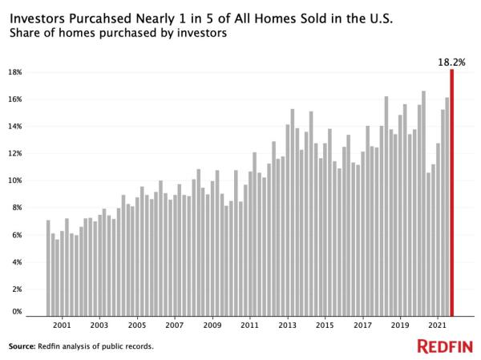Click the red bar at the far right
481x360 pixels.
[x=452, y=192]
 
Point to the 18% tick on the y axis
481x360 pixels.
[x=14, y=72]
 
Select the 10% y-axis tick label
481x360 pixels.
[x=14, y=180]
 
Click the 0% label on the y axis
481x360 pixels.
[x=17, y=311]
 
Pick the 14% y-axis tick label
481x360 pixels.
[x=14, y=127]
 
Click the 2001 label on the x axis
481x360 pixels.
[x=62, y=326]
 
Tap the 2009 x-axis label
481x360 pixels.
[x=212, y=326]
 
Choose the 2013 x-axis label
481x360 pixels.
[x=287, y=326]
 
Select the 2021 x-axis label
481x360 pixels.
[x=437, y=326]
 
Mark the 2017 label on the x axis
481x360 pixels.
[x=362, y=326]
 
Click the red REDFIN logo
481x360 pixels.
[x=444, y=346]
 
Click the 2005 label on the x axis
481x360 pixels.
[x=137, y=326]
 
